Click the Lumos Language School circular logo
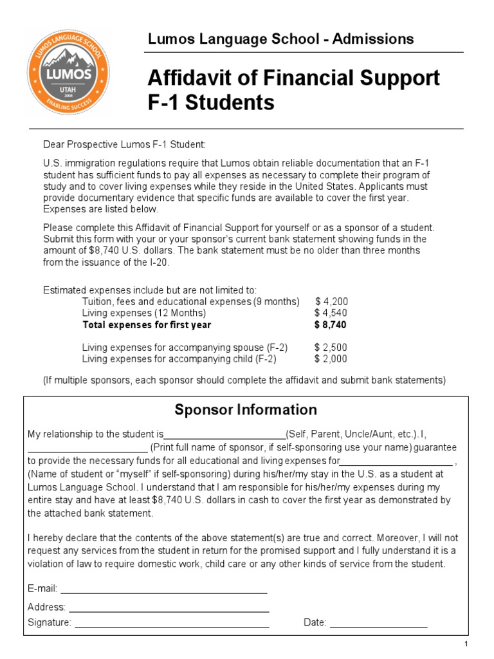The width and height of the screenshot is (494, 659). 69,71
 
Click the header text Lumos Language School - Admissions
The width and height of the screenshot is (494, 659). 280,39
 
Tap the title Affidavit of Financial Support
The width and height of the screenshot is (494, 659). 294,78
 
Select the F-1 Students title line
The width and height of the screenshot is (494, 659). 211,102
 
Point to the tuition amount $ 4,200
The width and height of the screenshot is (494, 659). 331,301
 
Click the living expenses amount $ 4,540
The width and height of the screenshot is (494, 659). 331,313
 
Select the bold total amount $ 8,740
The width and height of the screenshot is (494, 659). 331,325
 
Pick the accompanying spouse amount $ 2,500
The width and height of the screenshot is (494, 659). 331,348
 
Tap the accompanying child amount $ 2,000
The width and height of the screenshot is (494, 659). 331,359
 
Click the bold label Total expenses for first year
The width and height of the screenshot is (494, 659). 147,325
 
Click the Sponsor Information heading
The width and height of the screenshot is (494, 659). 246,410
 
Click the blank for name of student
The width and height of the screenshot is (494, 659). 396,463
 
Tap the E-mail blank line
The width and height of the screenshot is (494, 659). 163,591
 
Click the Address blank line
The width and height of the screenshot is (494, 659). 169,609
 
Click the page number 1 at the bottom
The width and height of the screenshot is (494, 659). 466,645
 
